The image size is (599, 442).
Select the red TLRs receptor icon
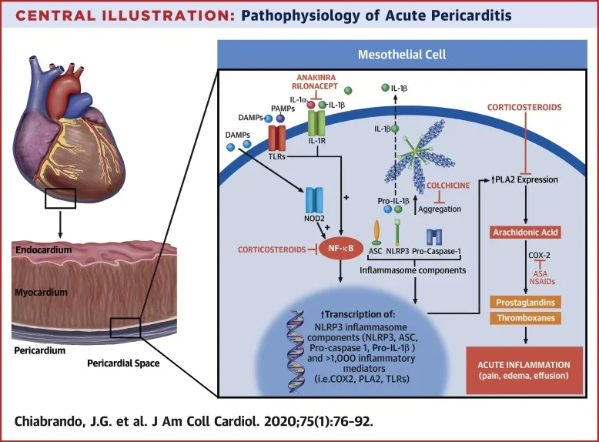[279, 139]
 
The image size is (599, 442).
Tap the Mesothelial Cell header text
[403, 55]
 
